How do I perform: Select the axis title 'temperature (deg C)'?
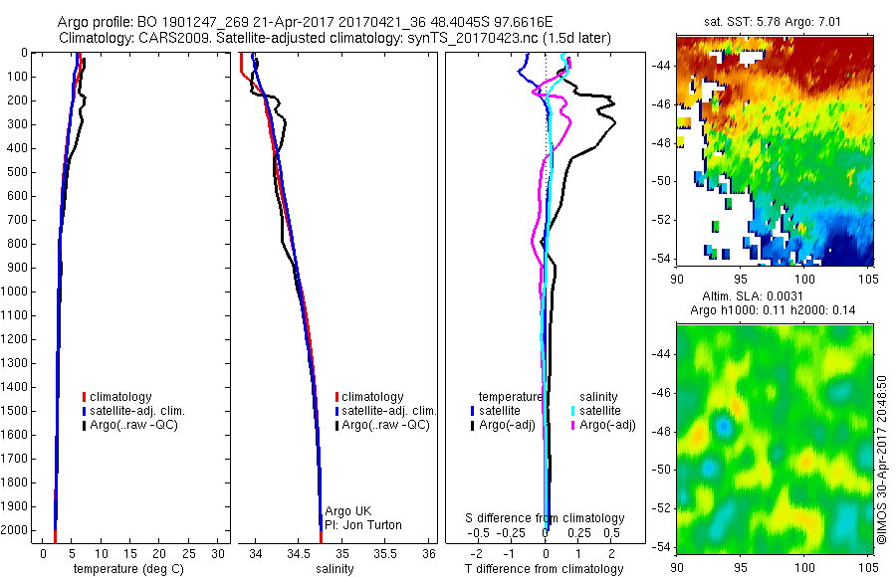125,569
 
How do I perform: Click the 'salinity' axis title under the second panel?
336,569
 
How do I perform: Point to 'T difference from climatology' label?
545,569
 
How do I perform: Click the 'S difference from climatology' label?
546,518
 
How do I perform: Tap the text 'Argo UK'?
348,511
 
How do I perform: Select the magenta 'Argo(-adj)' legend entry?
607,426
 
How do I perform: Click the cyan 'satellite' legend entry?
600,411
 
